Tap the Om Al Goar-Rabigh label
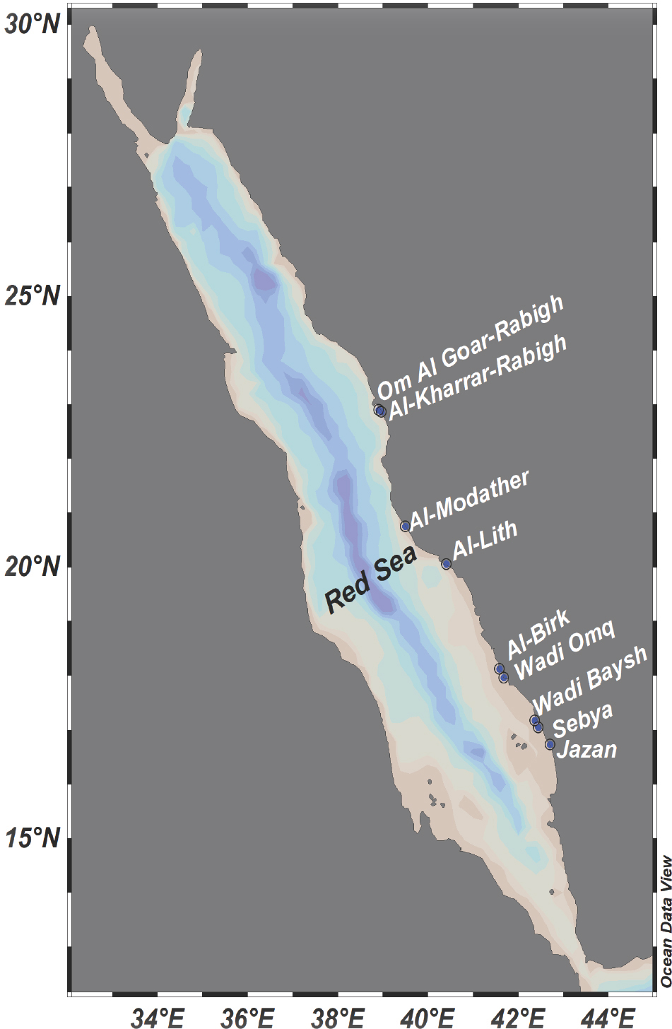coord(470,347)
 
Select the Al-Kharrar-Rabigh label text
coord(478,376)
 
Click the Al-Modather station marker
coord(406,526)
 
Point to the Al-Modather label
coord(470,500)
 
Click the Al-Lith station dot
coord(447,564)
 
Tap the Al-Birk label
coord(538,633)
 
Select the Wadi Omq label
coord(565,649)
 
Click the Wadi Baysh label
coord(590,679)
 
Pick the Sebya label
coord(582,720)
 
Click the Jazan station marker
coord(550,744)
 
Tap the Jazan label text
coord(586,748)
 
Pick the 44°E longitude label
coord(610,1017)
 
